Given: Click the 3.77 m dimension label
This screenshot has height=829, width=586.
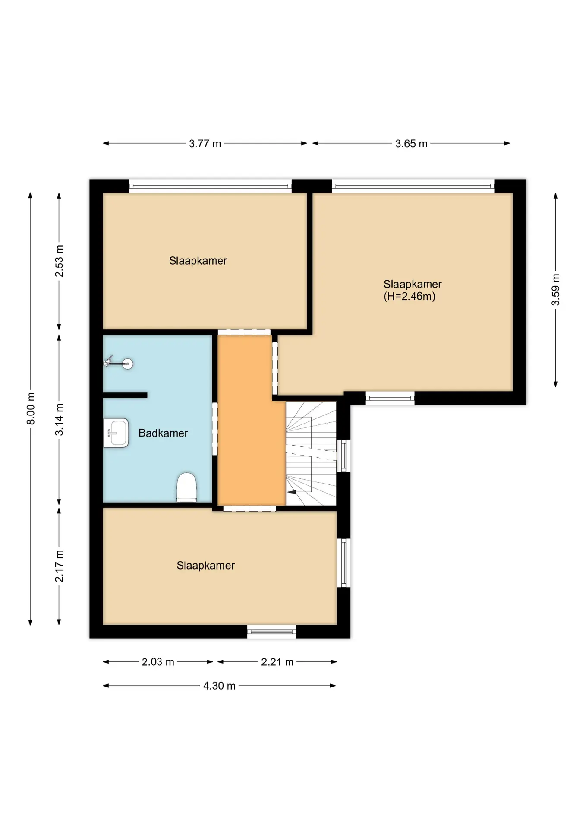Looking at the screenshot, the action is [x=205, y=144].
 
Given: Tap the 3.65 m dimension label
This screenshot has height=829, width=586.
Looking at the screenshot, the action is [x=411, y=144].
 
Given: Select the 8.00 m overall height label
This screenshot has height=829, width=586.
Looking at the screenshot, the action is [x=31, y=408].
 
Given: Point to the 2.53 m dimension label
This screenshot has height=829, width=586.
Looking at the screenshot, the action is [x=59, y=261].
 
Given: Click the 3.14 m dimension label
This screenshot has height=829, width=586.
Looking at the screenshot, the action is [x=59, y=420].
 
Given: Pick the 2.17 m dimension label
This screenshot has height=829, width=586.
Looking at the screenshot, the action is [x=59, y=566].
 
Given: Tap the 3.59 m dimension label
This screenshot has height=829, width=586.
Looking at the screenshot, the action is [x=555, y=290].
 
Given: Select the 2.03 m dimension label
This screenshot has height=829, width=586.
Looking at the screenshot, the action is [x=158, y=662].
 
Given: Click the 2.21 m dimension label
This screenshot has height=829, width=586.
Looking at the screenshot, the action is [x=277, y=662].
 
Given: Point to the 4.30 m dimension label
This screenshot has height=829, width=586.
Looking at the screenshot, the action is [x=219, y=686].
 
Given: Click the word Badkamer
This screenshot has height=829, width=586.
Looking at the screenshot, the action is [x=163, y=433].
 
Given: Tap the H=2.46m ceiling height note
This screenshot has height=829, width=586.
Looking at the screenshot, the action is [x=410, y=296].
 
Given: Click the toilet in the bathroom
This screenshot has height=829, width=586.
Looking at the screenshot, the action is [x=187, y=487].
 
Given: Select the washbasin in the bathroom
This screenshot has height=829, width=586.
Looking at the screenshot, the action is [x=116, y=433].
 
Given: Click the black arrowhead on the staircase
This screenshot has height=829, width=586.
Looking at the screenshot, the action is [x=291, y=491].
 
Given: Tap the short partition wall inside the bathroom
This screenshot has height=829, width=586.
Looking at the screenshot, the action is [x=125, y=395].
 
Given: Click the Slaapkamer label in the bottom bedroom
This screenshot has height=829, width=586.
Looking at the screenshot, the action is [x=206, y=566].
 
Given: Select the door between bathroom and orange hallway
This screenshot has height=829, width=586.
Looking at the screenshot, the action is [x=215, y=429].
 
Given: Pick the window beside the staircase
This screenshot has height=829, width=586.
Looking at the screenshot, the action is [x=344, y=456].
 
